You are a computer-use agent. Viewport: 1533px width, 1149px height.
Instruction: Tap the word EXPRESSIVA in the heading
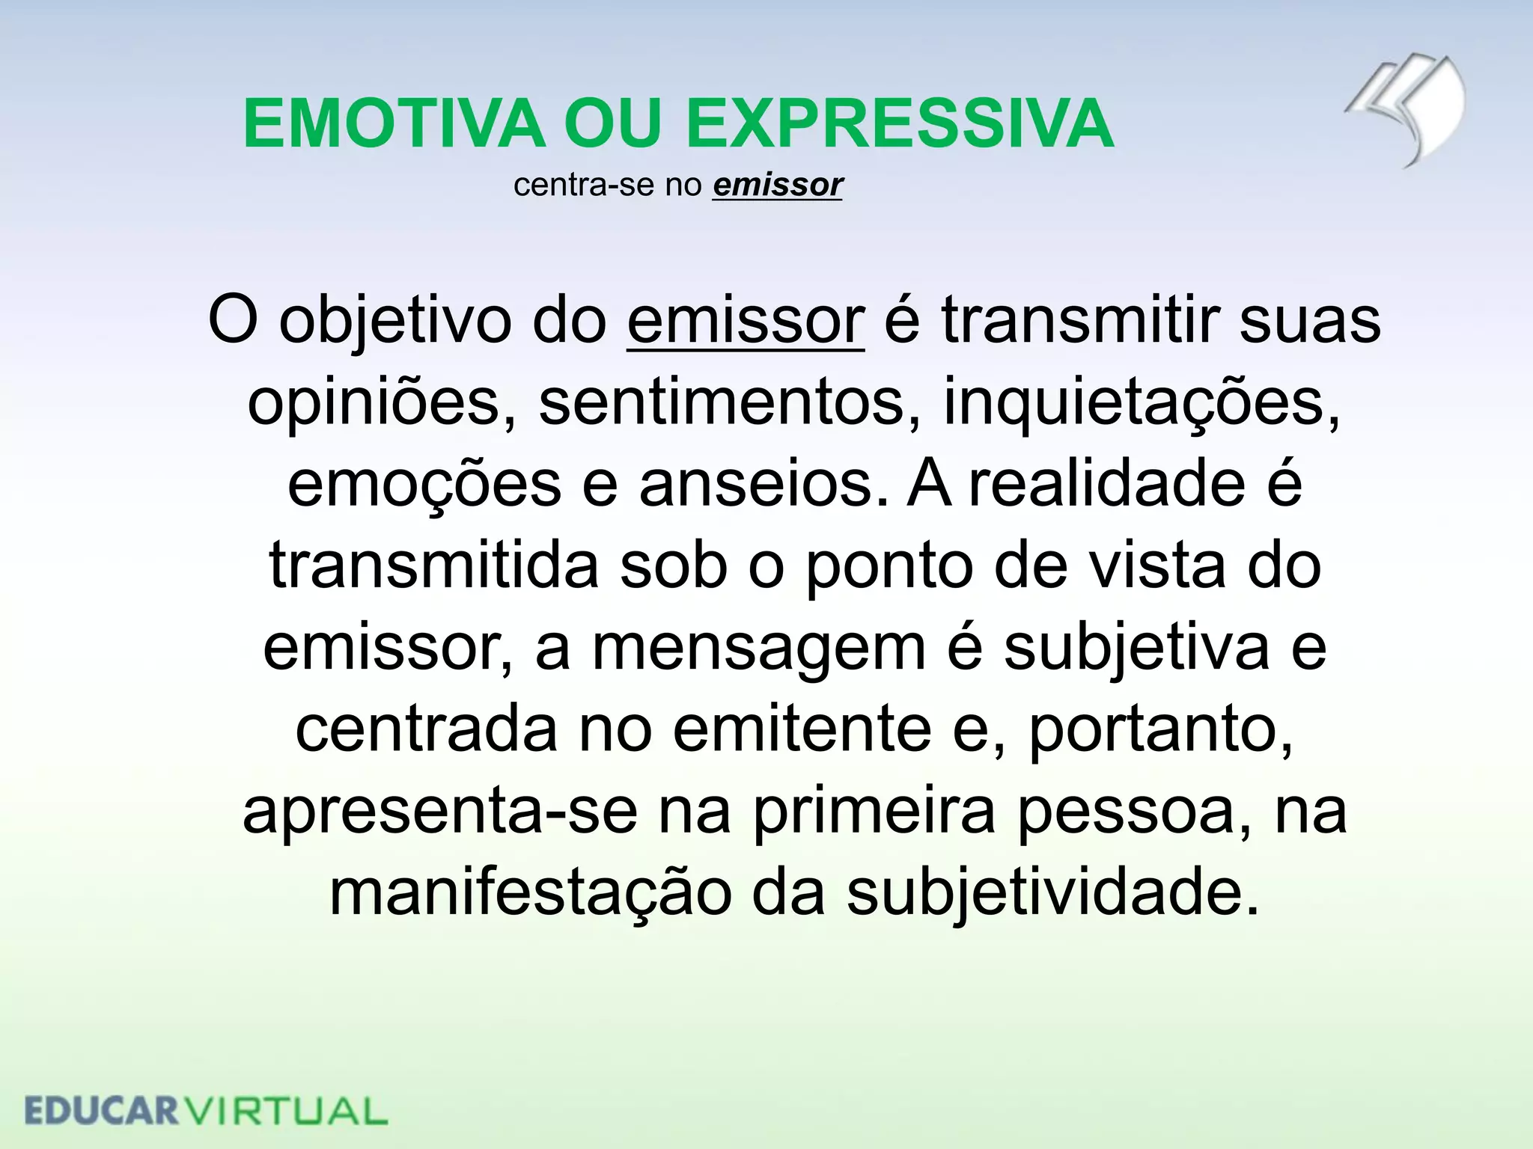pyautogui.click(x=899, y=123)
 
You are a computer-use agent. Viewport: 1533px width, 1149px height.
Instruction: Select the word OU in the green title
pyautogui.click(x=614, y=123)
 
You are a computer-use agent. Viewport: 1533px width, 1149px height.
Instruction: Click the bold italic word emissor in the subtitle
pyautogui.click(x=778, y=185)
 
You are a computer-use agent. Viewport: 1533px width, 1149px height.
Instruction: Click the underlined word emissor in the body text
pyautogui.click(x=746, y=320)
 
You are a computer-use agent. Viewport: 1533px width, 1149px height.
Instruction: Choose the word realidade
pyautogui.click(x=1107, y=484)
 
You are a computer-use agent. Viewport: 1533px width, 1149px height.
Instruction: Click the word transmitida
pyautogui.click(x=433, y=566)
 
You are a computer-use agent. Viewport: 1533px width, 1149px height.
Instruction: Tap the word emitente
pyautogui.click(x=802, y=729)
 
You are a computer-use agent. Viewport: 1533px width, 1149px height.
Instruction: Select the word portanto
pyautogui.click(x=1160, y=729)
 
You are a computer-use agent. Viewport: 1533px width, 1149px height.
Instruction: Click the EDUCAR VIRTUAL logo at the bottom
pyautogui.click(x=206, y=1110)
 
